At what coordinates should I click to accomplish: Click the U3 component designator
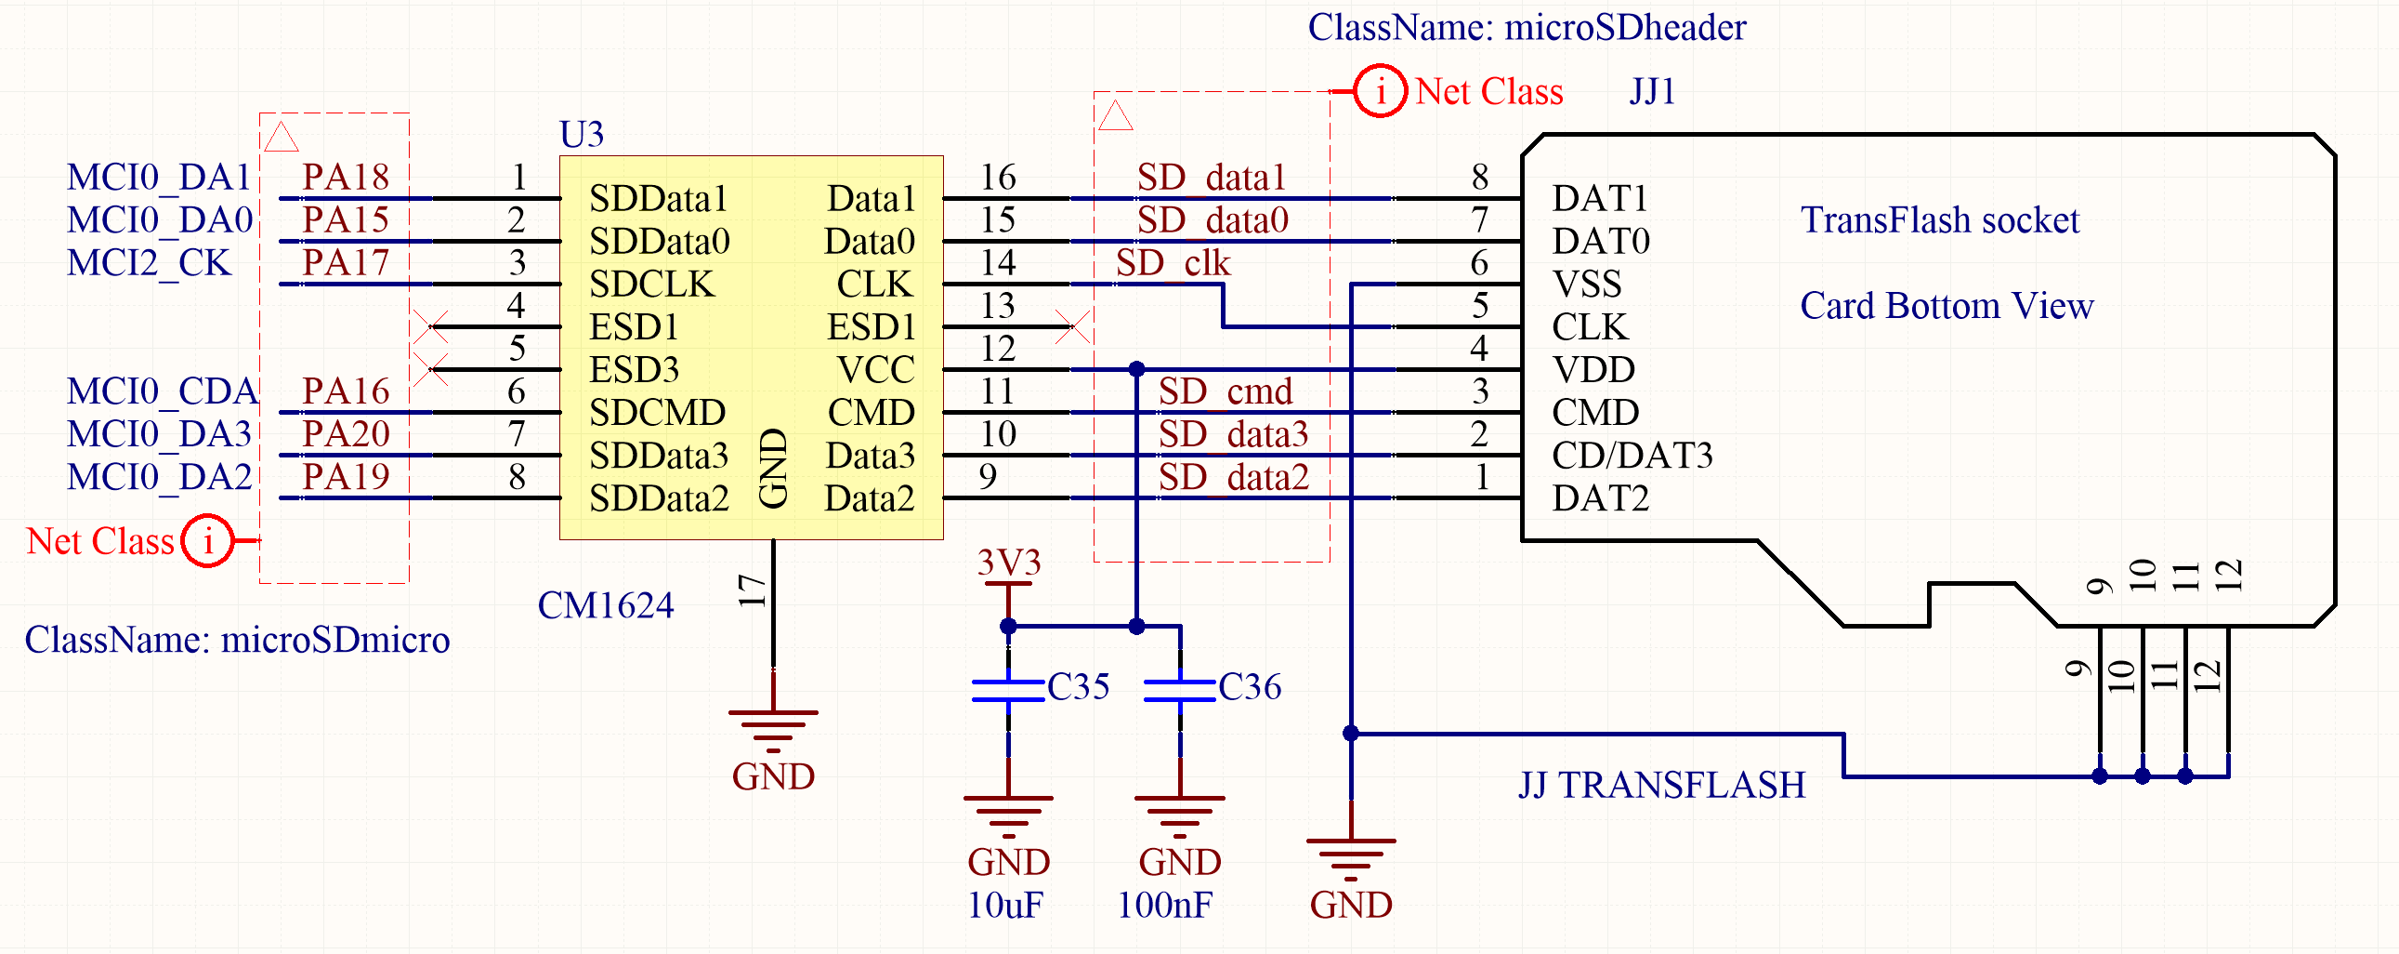(581, 135)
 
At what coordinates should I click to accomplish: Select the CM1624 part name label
(606, 605)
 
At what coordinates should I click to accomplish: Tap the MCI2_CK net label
(148, 263)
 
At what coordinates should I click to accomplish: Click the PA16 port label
(346, 391)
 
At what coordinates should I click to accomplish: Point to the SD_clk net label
(1173, 264)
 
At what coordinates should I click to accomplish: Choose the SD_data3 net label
(1233, 434)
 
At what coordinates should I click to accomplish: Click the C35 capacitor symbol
(1008, 689)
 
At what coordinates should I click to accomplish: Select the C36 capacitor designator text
(1249, 687)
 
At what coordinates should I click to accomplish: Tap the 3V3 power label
(1009, 563)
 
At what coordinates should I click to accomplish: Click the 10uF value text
(1005, 906)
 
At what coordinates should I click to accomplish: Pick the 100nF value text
(1164, 906)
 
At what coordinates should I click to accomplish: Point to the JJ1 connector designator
(1652, 92)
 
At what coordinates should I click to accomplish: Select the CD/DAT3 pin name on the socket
(1632, 456)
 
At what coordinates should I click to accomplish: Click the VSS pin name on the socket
(1587, 285)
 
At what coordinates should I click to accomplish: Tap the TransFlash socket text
(1939, 220)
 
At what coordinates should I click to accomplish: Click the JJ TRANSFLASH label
(1661, 786)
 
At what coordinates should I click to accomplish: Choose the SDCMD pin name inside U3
(658, 413)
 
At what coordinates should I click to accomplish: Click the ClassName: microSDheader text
(1527, 27)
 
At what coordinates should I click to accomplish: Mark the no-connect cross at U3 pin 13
(1073, 327)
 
